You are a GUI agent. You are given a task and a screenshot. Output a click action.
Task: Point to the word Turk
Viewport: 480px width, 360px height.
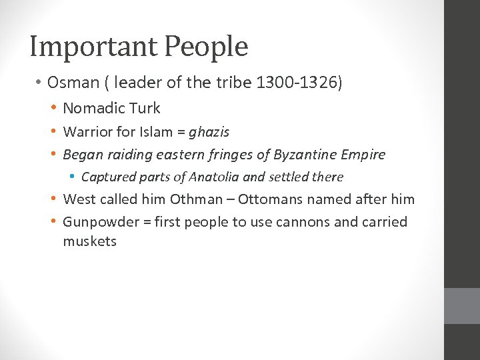tap(145, 108)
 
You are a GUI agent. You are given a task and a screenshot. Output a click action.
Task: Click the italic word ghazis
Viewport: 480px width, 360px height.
tap(209, 131)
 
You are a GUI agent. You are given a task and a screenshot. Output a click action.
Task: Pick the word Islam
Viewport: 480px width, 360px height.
tap(157, 131)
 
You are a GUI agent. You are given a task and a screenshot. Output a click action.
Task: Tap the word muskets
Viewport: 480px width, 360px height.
tap(89, 241)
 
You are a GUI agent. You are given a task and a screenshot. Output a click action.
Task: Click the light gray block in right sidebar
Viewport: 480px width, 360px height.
tap(462, 306)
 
